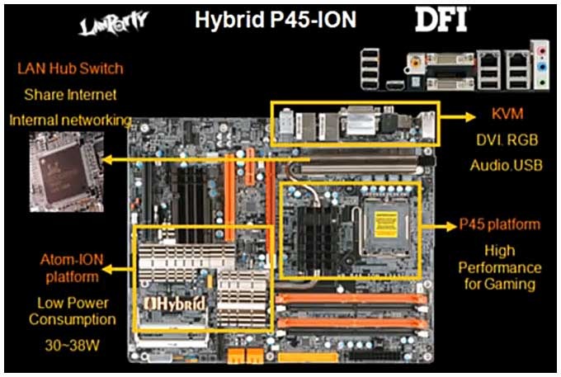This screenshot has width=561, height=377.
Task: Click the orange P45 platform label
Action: pos(500,224)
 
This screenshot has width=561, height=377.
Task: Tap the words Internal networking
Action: pos(69,120)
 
